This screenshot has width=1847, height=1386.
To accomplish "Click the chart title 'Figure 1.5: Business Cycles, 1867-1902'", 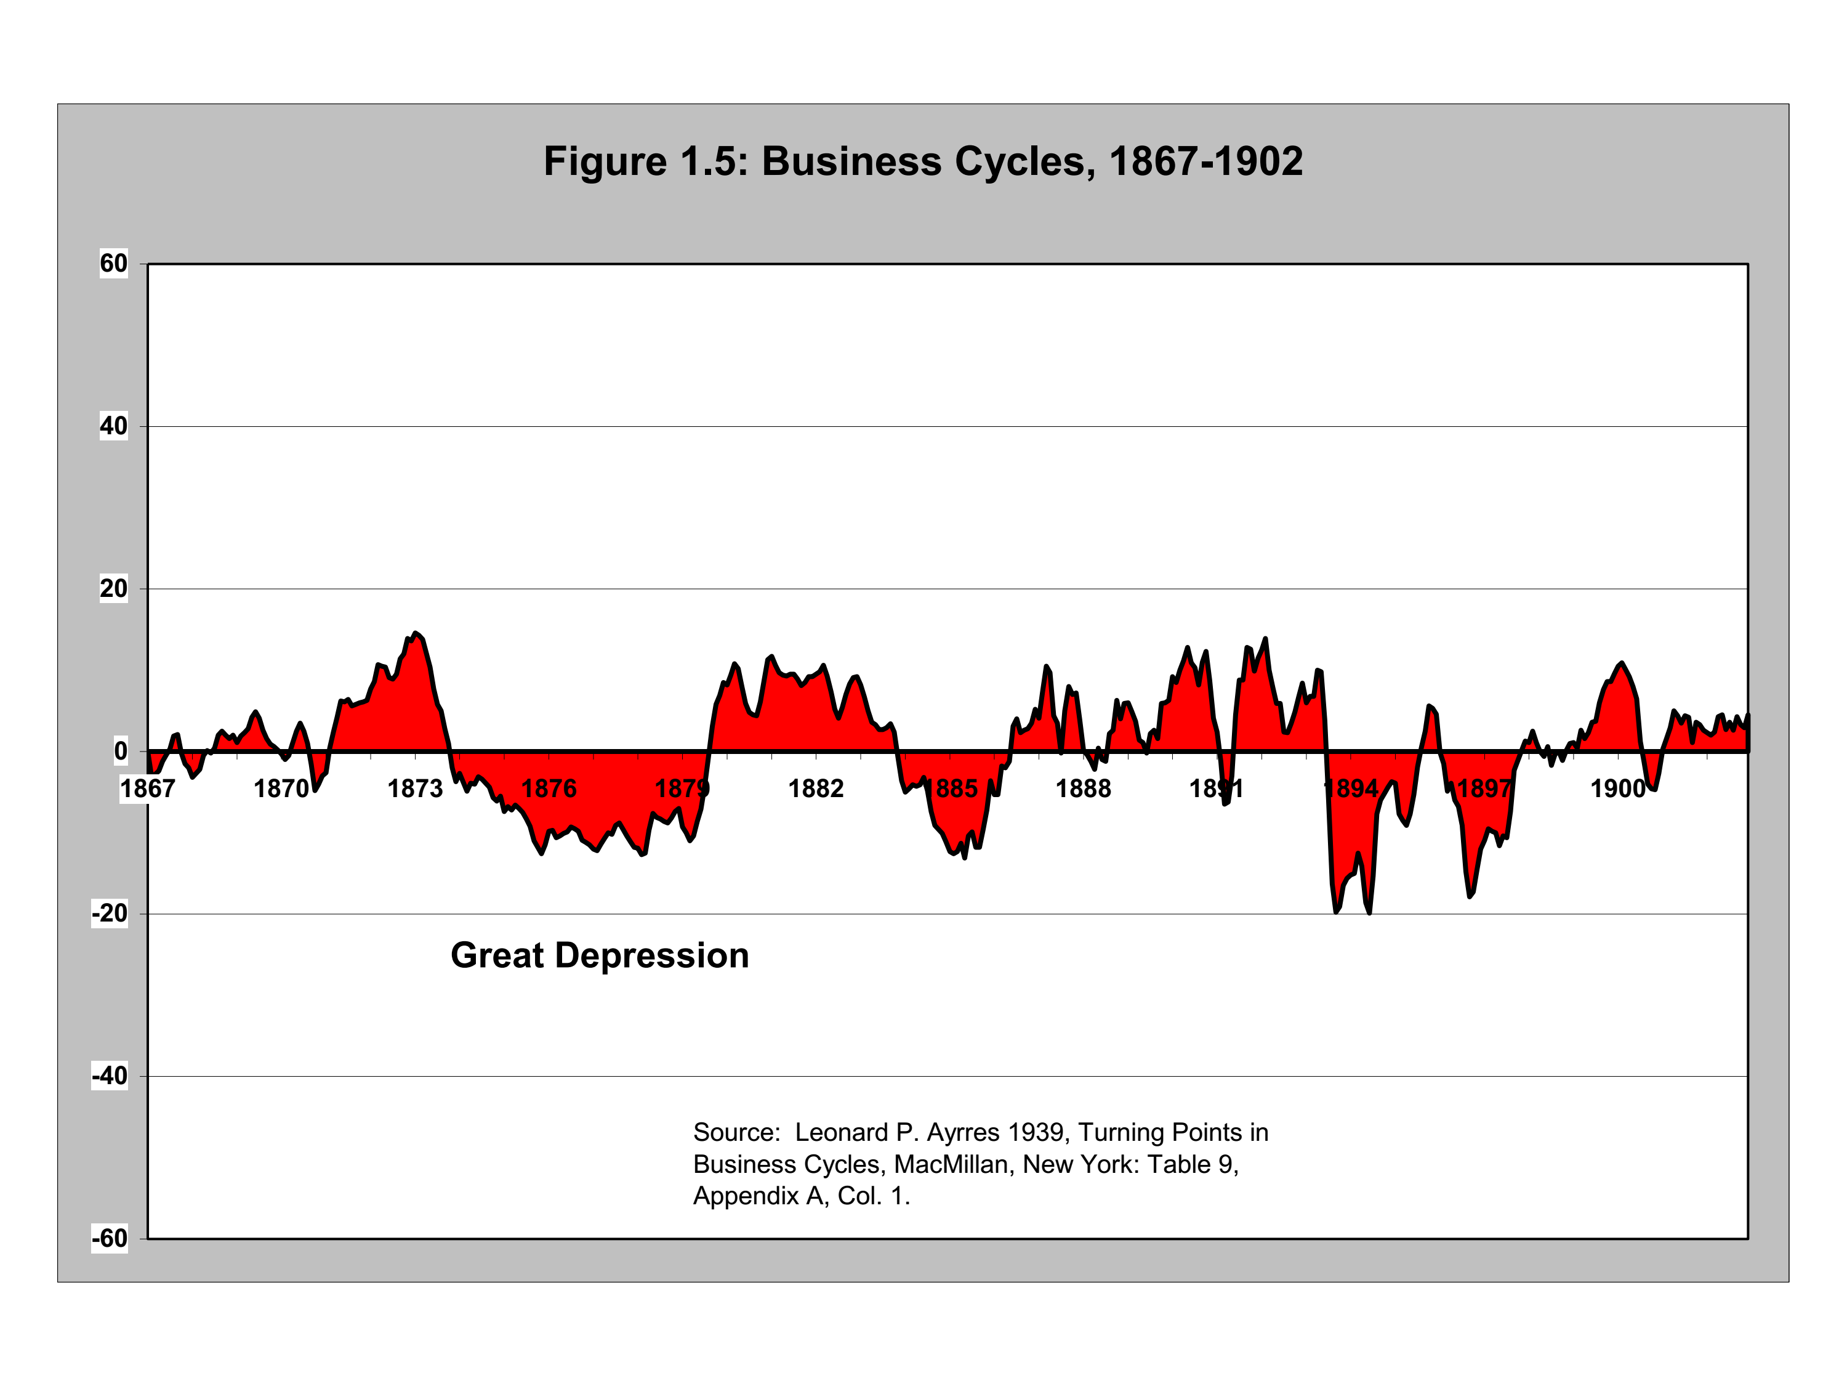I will tap(923, 161).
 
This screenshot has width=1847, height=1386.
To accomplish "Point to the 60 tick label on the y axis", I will tap(113, 264).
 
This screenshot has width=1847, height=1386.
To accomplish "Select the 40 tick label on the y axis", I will tap(113, 426).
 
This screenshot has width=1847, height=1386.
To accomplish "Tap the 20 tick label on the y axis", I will tap(113, 589).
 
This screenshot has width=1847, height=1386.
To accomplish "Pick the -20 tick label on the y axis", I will tap(110, 914).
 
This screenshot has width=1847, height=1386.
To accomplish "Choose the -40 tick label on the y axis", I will tap(110, 1076).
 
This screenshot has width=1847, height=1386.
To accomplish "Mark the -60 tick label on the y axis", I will tap(110, 1238).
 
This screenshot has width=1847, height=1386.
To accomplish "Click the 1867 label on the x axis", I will tap(148, 788).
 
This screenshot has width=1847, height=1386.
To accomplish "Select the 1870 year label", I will tap(281, 788).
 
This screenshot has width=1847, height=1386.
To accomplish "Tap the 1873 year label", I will tap(415, 788).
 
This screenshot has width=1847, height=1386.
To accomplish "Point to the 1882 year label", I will tap(816, 788).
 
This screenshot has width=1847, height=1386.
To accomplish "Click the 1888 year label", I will tap(1083, 788).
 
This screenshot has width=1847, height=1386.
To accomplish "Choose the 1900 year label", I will tap(1617, 788).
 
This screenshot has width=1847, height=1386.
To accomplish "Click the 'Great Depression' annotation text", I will tap(600, 956).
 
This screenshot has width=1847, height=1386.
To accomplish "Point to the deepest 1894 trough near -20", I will tap(1369, 912).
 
